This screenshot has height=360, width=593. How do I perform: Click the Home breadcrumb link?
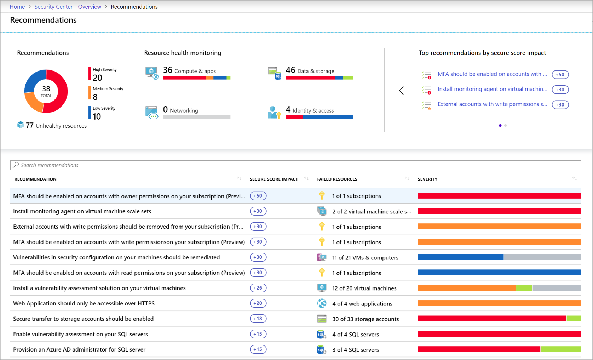[17, 7]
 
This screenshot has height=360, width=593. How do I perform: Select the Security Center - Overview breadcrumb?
[68, 7]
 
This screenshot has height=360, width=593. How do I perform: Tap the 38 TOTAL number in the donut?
[46, 89]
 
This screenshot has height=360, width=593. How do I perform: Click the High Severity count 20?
[97, 78]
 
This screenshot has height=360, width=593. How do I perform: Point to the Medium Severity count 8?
[95, 97]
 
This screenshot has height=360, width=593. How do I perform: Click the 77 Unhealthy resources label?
[57, 126]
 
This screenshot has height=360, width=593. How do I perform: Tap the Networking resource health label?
[184, 110]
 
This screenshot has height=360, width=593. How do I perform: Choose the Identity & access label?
[313, 110]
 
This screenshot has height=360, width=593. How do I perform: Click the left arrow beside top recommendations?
[401, 91]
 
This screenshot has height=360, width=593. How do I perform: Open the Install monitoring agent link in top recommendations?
[492, 89]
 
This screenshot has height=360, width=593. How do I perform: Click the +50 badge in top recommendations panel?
[560, 74]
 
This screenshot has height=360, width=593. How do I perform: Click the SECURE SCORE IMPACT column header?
[274, 179]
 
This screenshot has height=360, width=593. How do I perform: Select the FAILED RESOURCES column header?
[337, 179]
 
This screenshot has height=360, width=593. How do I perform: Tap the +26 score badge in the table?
[258, 288]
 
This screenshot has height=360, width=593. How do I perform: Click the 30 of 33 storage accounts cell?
[365, 319]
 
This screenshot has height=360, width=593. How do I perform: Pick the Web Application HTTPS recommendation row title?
[84, 303]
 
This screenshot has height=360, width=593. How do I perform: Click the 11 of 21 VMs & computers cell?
[365, 258]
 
